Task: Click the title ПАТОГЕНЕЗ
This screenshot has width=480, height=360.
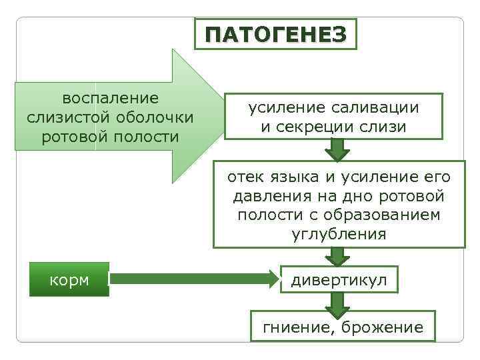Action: click(276, 34)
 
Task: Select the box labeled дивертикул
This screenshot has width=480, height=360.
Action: click(338, 280)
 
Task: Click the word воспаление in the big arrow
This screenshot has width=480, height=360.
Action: click(110, 99)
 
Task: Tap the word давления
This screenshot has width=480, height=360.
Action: click(267, 197)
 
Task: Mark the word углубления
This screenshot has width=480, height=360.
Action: click(339, 234)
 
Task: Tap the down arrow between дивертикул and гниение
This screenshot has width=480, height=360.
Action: click(339, 305)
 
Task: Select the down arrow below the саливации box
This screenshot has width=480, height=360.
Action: click(339, 151)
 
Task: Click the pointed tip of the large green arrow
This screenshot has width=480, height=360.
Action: click(222, 116)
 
